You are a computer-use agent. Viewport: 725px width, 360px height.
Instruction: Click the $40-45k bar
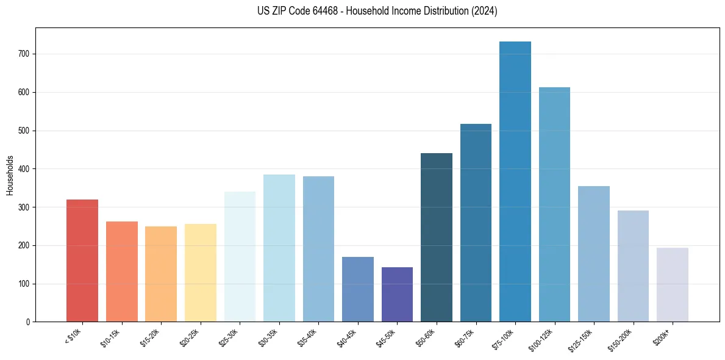[x=358, y=289]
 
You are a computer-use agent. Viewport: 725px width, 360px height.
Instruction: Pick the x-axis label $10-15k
[x=110, y=336]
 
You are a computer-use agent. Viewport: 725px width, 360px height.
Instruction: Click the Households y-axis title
[x=10, y=175]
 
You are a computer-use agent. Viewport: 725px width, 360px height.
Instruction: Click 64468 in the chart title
[x=317, y=11]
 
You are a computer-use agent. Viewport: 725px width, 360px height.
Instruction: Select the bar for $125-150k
[x=594, y=254]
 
